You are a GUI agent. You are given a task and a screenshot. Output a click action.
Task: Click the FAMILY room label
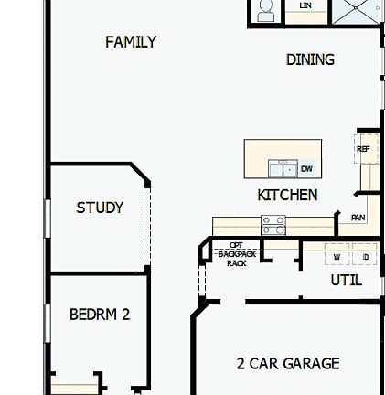(124, 42)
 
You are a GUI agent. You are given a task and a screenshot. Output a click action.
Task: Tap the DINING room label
(310, 59)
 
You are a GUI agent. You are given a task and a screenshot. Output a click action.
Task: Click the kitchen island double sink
(284, 169)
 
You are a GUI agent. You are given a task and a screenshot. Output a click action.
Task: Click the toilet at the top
(265, 11)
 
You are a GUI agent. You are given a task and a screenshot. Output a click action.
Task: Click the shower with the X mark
(353, 11)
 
